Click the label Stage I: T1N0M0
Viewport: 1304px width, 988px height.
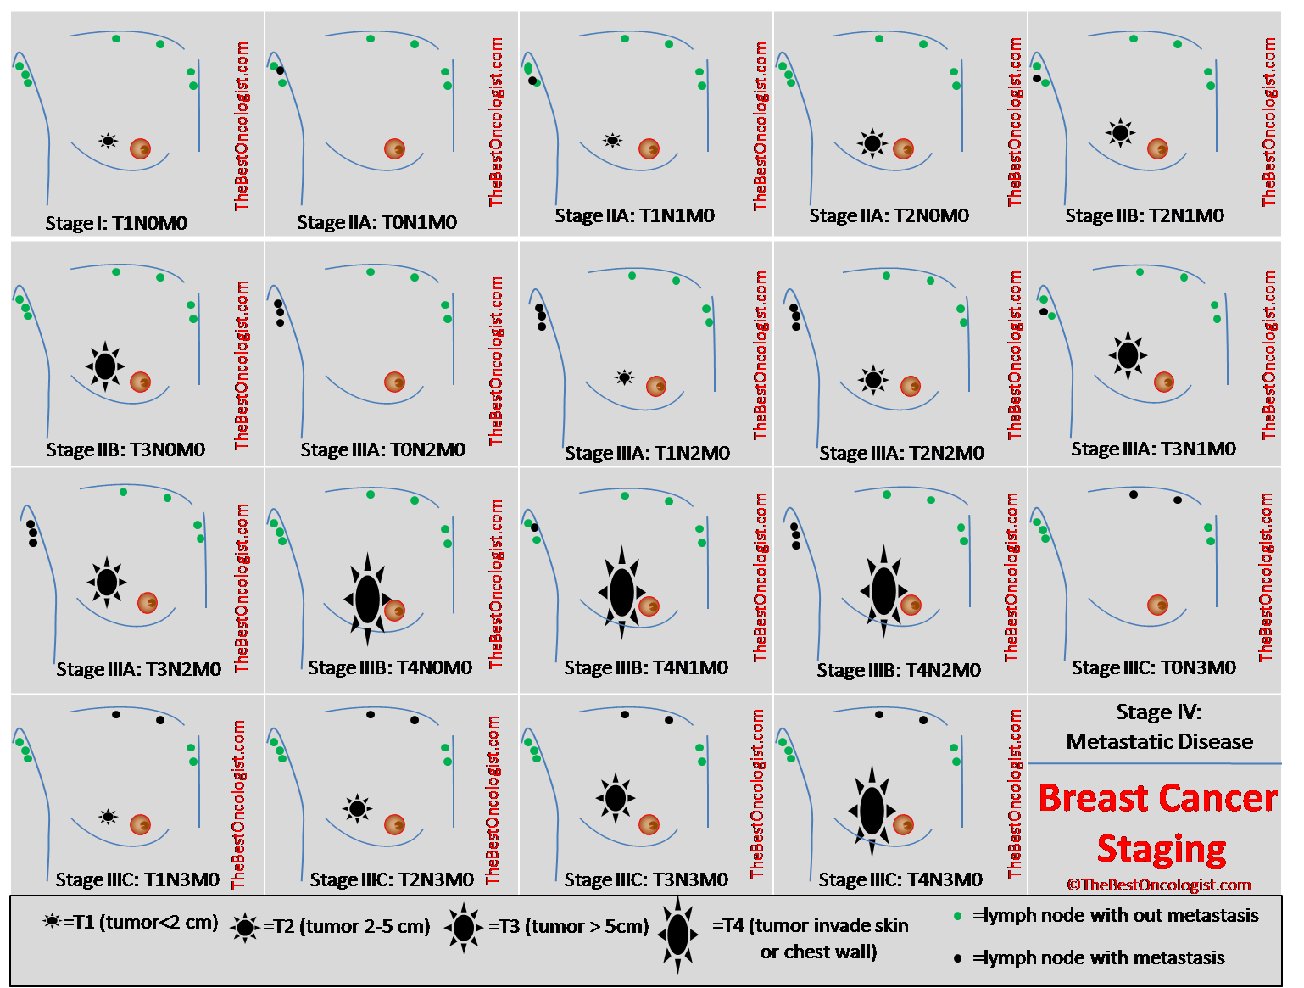[116, 223]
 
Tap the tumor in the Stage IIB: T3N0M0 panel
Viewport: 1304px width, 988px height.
[105, 366]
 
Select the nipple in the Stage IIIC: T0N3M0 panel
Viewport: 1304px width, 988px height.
[1158, 606]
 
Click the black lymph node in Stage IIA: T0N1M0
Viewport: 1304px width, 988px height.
[281, 70]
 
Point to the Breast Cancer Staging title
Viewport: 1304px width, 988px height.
[1158, 823]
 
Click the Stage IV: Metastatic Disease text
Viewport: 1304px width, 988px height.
[1159, 727]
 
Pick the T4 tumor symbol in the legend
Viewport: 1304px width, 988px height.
[677, 935]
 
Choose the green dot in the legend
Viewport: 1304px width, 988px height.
[958, 916]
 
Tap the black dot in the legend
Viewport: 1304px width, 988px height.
[958, 958]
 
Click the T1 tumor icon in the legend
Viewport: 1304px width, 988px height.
[53, 922]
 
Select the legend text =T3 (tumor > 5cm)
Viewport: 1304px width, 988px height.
[569, 926]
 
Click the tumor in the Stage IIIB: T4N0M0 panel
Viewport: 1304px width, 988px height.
[368, 599]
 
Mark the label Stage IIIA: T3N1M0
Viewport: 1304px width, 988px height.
[1154, 449]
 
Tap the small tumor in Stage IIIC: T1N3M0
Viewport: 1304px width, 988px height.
[109, 817]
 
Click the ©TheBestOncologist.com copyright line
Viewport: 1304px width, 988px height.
[1158, 885]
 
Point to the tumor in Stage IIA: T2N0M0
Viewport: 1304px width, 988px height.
[872, 143]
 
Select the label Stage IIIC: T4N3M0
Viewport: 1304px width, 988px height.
[900, 879]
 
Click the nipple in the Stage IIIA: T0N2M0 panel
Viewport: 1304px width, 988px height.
[394, 382]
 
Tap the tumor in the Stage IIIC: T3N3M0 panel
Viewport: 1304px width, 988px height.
[616, 798]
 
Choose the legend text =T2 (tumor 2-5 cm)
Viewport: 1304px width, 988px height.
[346, 926]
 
